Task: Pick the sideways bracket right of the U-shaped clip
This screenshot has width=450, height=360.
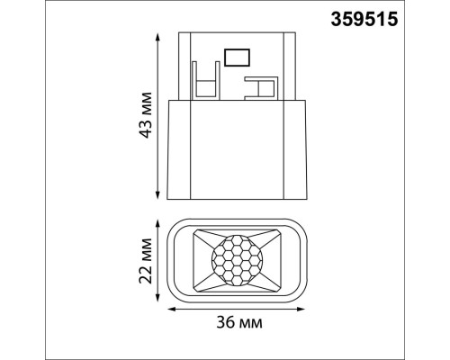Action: (262, 85)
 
